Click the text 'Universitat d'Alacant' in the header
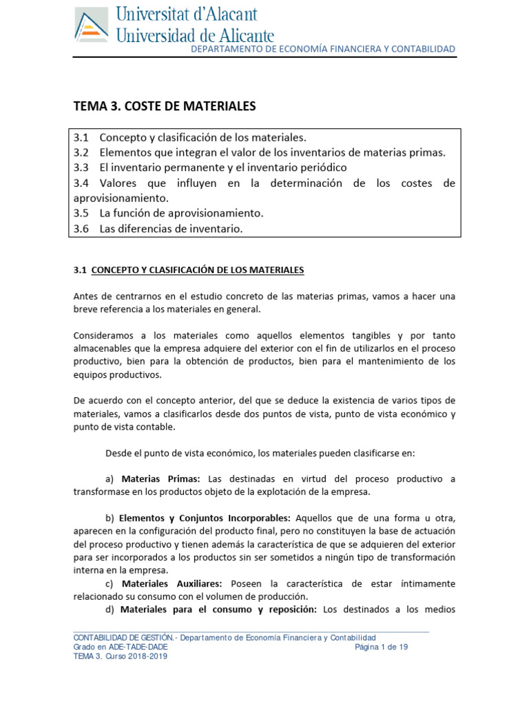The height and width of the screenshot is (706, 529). tap(186, 14)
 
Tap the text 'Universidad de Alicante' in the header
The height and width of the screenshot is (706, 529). tap(196, 34)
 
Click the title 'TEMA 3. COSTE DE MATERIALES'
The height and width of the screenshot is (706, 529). tap(165, 106)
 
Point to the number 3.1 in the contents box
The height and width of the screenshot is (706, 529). tap(81, 137)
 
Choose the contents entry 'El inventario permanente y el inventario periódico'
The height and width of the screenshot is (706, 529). tap(223, 168)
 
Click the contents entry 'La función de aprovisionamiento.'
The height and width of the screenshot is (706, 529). tap(181, 213)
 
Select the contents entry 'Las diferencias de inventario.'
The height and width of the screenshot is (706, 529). tap(171, 228)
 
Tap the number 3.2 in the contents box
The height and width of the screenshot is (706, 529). tap(81, 152)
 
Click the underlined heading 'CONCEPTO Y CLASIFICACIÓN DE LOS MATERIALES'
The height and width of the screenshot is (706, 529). tap(198, 270)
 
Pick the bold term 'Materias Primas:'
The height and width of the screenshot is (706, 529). tap(160, 478)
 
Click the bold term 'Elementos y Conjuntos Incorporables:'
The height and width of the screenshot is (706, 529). tap(205, 518)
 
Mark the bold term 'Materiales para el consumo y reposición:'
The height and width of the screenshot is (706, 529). tap(218, 609)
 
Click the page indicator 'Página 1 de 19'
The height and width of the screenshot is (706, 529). tap(382, 647)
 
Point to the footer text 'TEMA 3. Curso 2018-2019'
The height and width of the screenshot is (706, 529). tap(121, 656)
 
